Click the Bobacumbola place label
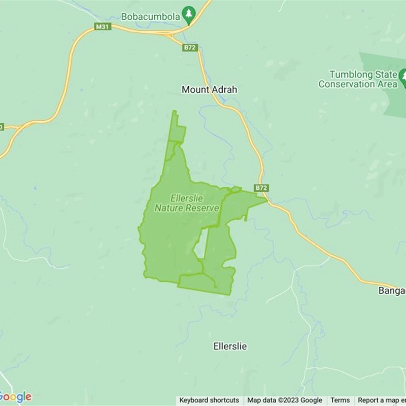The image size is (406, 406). click(151, 17)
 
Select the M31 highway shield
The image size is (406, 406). click(103, 26)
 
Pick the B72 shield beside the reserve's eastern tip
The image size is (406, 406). click(261, 188)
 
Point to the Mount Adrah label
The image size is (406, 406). click(209, 90)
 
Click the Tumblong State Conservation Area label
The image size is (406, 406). click(358, 79)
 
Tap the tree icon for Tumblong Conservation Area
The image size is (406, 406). click(403, 78)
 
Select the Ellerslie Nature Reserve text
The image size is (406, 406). click(187, 203)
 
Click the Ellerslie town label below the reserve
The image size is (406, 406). click(230, 346)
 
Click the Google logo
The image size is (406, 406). click(15, 397)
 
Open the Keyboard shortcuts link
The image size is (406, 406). click(209, 400)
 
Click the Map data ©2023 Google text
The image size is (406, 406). click(285, 400)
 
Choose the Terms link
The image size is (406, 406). click(340, 400)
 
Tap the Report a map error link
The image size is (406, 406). click(381, 400)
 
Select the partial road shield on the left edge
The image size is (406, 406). click(2, 127)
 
